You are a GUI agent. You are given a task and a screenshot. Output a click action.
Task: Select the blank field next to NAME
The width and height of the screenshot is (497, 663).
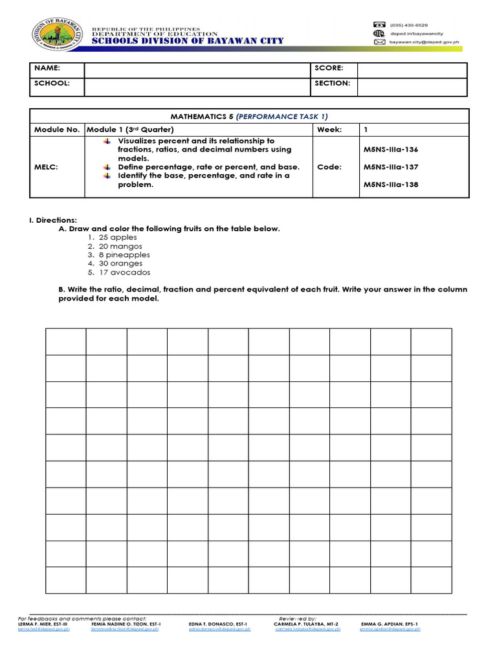(x=198, y=68)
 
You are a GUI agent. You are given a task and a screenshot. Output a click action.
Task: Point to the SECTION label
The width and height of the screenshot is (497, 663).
(x=332, y=84)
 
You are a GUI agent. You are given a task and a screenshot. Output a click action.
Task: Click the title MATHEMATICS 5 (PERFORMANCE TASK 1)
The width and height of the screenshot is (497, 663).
(x=249, y=117)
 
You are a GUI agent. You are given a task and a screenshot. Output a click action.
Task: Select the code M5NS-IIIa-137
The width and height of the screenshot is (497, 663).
(x=391, y=167)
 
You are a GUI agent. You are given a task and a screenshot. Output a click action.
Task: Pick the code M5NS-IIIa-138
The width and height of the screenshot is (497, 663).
(x=391, y=185)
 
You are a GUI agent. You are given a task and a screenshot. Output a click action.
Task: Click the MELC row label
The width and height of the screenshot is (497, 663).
(x=46, y=167)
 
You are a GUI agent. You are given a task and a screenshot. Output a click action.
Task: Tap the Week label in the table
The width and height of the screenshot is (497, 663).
(x=329, y=130)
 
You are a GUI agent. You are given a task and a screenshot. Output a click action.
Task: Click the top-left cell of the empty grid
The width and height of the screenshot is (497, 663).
(x=65, y=341)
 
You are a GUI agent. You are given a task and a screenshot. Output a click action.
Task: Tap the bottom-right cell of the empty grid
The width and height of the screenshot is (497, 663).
(x=432, y=579)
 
